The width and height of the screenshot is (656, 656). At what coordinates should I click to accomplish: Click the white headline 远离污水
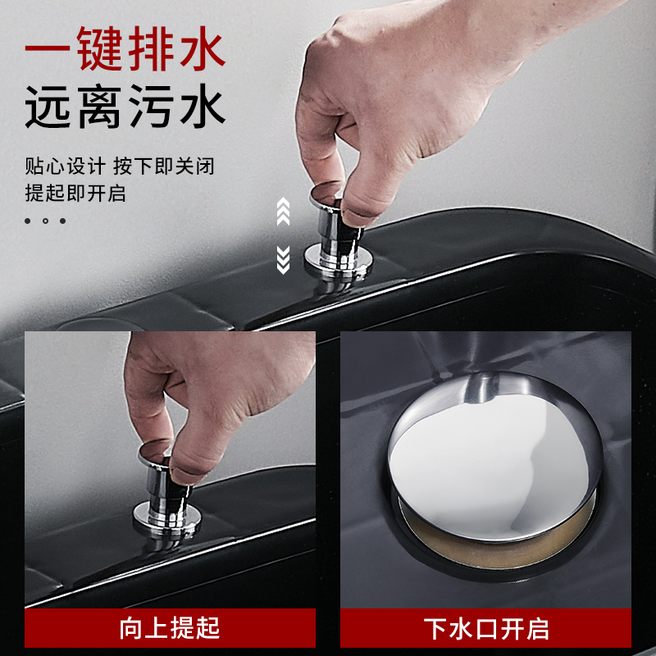point(125,109)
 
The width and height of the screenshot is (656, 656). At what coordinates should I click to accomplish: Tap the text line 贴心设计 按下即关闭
point(119,167)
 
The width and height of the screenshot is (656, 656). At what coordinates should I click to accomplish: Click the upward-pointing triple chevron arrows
point(283,211)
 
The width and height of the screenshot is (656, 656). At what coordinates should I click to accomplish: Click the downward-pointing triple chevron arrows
point(283,258)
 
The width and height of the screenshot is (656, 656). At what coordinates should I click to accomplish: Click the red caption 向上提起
point(170,628)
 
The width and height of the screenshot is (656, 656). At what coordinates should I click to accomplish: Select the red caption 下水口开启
point(486,628)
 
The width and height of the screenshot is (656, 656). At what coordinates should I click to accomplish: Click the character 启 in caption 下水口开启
point(535,628)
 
